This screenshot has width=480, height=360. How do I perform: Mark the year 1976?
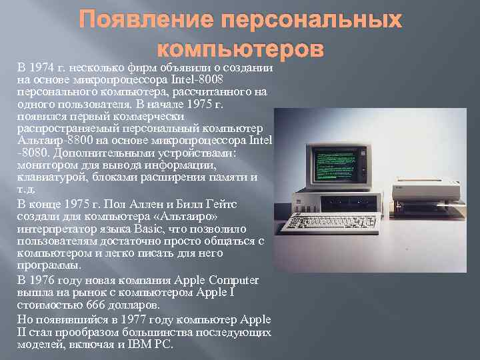(43, 280)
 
